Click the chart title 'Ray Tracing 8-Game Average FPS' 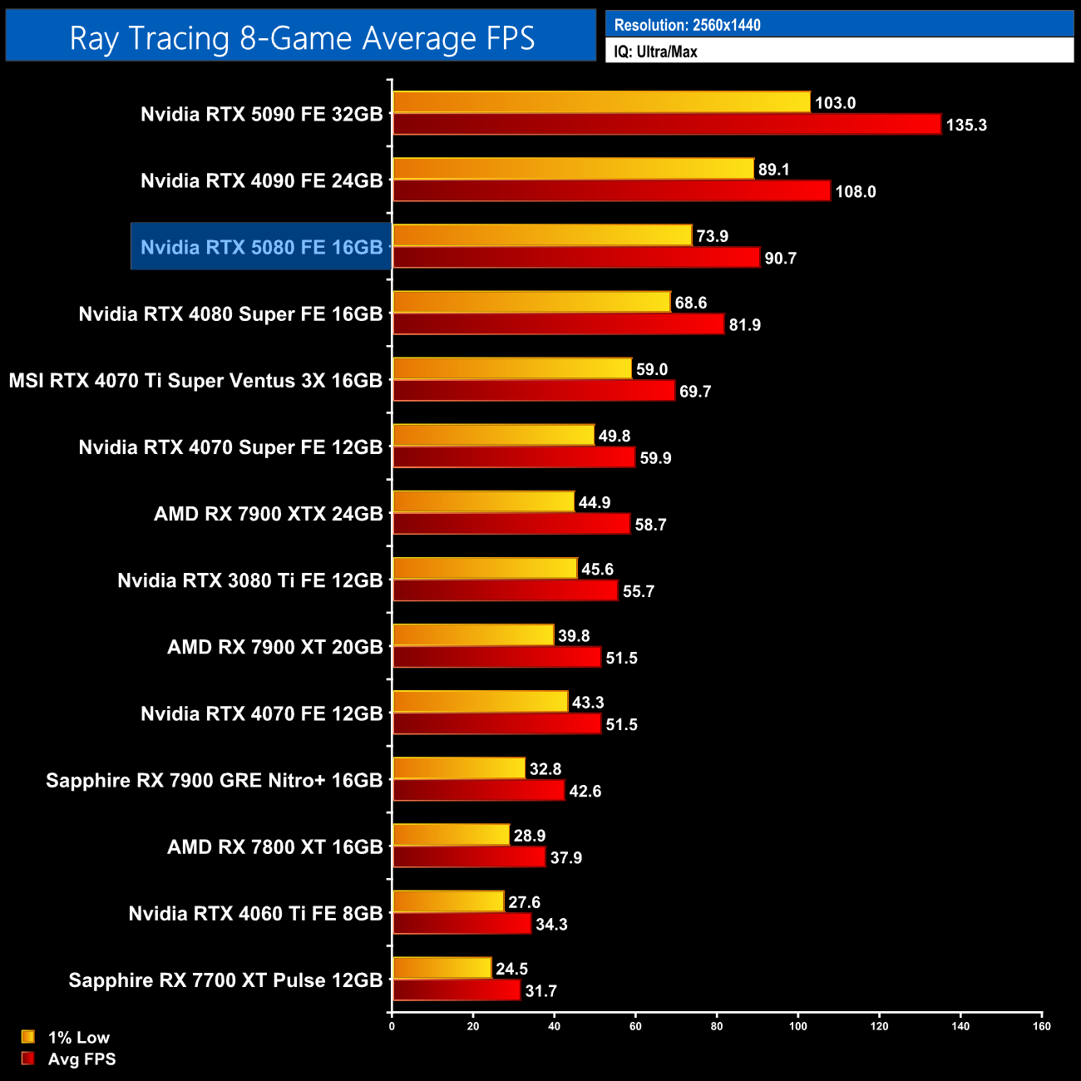point(302,38)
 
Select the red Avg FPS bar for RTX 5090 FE point(667,125)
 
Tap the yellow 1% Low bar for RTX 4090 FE point(573,169)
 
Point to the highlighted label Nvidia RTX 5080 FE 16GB point(261,247)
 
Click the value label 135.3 point(966,126)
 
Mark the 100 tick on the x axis point(798,1025)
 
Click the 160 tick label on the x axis point(1042,1025)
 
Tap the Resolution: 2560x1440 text point(687,25)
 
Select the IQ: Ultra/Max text point(655,52)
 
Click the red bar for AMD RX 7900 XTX point(511,524)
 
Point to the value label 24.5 point(511,969)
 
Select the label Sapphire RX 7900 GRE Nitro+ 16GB point(215,780)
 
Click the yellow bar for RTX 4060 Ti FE point(448,901)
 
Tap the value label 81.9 point(744,325)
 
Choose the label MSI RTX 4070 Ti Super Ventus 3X point(195,381)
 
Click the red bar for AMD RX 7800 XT point(469,856)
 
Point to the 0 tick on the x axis point(392,1025)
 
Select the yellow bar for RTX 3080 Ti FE point(485,568)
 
